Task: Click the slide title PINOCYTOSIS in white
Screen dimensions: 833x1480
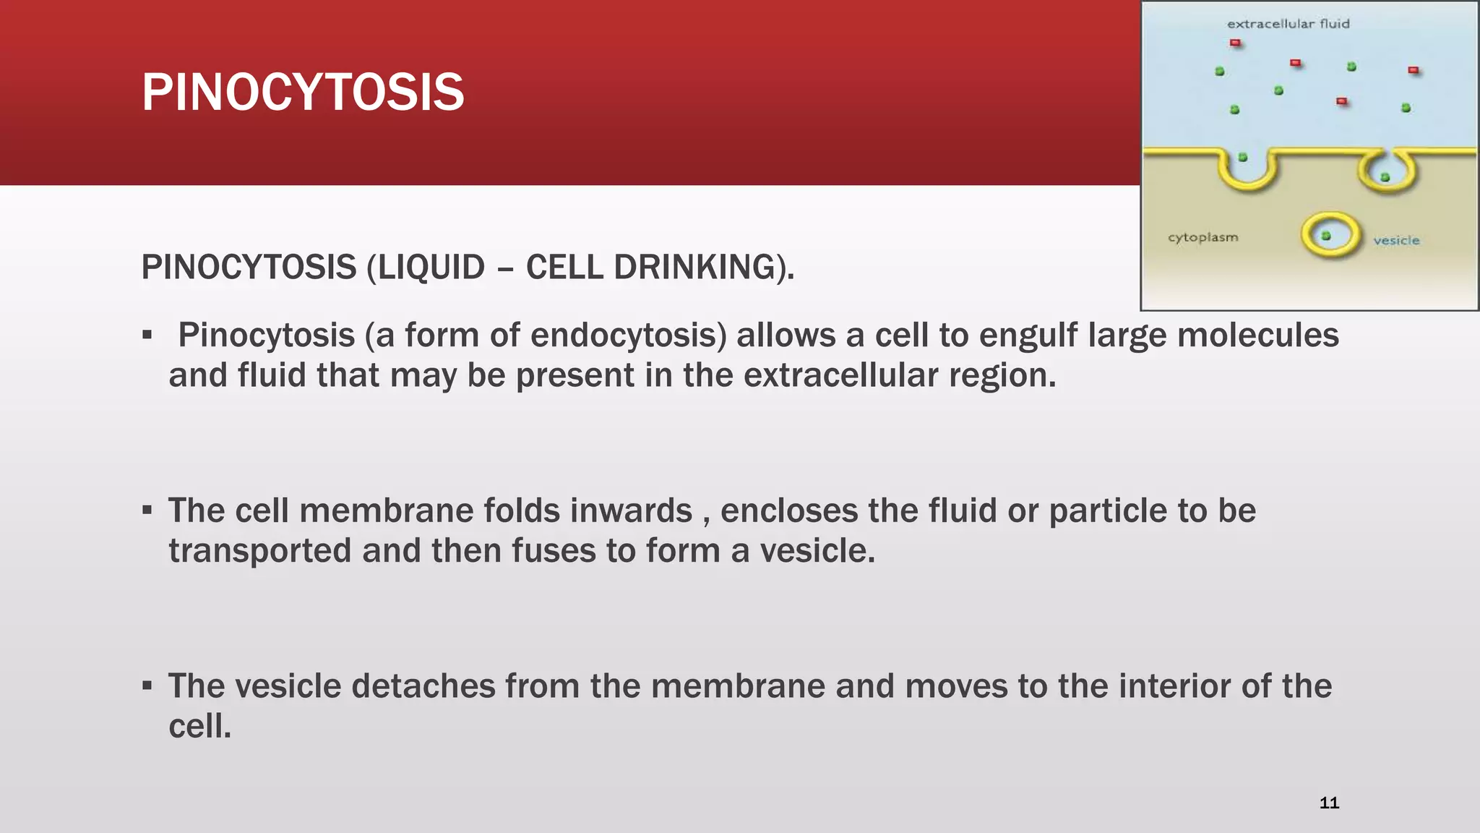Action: pos(302,93)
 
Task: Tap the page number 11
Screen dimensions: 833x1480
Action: pos(1329,803)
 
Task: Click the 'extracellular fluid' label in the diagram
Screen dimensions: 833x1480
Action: pos(1288,24)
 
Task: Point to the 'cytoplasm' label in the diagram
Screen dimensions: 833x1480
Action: pos(1202,238)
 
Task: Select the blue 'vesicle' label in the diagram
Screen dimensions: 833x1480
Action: pos(1396,241)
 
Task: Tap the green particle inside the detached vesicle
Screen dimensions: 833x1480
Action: pos(1326,236)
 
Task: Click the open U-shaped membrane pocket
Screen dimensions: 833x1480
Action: pos(1248,172)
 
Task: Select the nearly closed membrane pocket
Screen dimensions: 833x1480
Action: pos(1386,174)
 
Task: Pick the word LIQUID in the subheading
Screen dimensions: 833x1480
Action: pos(431,267)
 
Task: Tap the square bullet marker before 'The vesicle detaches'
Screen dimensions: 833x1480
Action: pos(147,685)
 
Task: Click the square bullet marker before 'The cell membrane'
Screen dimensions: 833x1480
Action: pos(147,511)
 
